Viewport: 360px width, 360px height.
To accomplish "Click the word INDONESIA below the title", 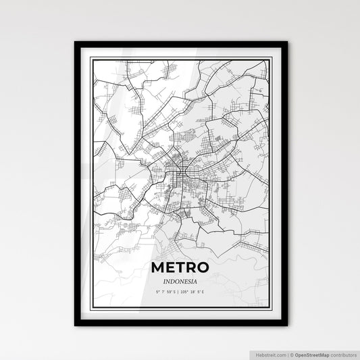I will click(180, 281).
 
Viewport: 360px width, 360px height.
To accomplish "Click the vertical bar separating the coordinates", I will click(180, 292).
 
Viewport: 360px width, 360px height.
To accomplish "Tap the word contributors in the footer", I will click(342, 354).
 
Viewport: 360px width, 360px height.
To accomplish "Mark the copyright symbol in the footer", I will click(291, 354).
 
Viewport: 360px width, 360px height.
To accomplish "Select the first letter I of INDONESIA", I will click(165, 281).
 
